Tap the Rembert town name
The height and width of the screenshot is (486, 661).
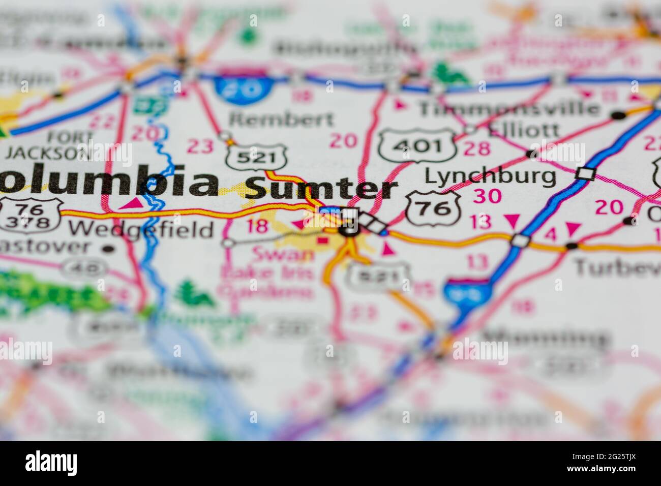click(281, 119)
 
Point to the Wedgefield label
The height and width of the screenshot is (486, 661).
click(142, 230)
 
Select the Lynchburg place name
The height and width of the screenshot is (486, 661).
click(490, 176)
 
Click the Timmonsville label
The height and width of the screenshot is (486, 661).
click(508, 108)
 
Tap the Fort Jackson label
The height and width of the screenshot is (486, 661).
click(48, 145)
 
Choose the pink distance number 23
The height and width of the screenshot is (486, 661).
click(200, 146)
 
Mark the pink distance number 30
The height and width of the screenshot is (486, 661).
click(487, 195)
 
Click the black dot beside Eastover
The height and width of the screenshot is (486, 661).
click(108, 249)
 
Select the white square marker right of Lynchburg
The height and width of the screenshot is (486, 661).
click(585, 174)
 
